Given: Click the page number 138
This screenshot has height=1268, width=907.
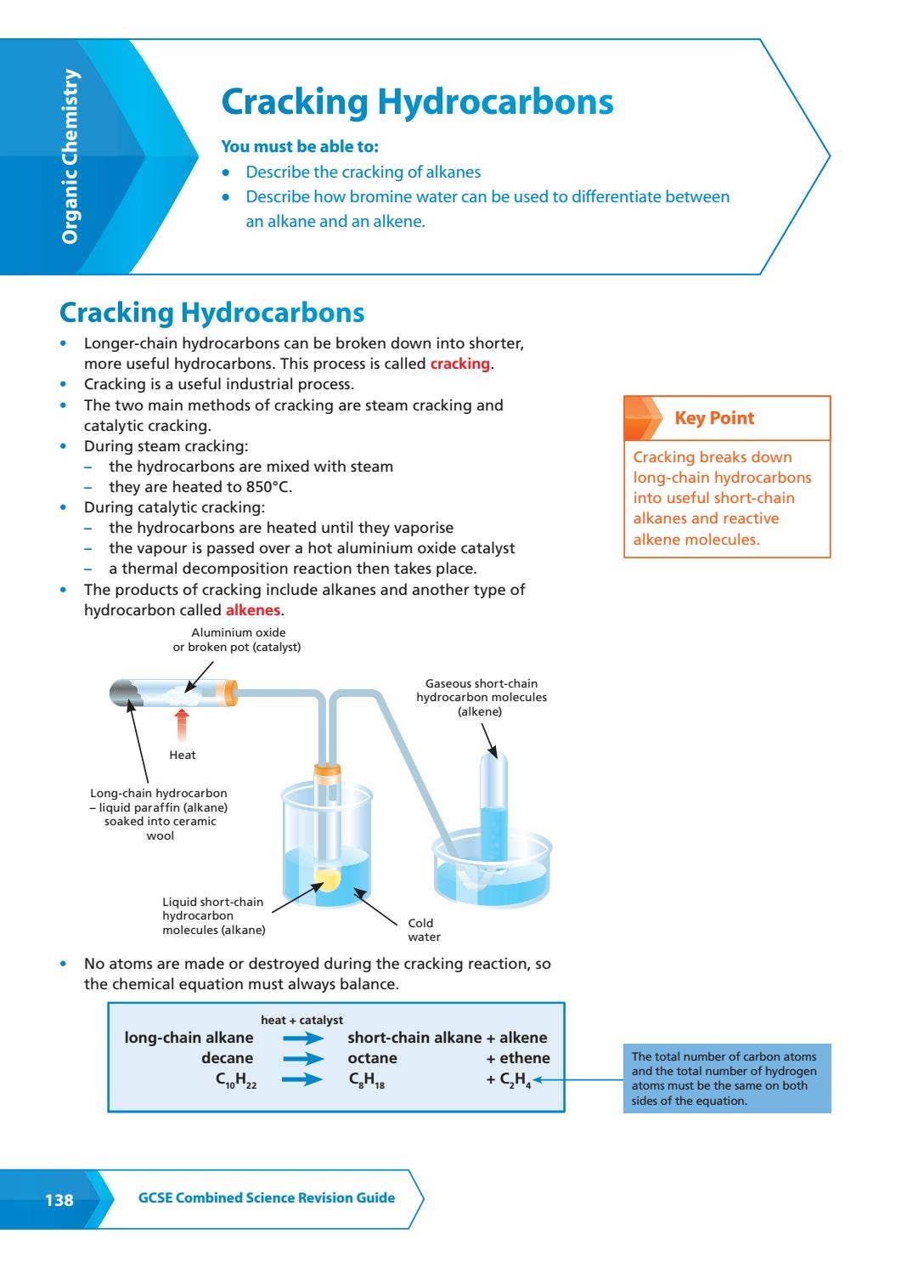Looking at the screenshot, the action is click(x=59, y=1200).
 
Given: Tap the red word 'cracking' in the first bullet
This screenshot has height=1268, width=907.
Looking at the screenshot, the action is click(x=459, y=364).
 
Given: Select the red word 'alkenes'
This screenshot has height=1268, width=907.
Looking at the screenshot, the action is click(x=253, y=610).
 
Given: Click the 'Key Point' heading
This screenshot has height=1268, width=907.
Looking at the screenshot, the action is click(x=714, y=418).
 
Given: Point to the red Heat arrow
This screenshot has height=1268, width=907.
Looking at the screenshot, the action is click(x=181, y=725).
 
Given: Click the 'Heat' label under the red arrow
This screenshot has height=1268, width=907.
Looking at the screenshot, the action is click(x=183, y=755).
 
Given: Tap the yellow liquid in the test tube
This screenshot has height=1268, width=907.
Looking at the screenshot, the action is click(x=327, y=879).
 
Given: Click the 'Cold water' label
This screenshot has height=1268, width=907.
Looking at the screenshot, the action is click(x=424, y=930).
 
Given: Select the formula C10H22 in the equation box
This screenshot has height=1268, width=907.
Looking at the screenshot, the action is click(x=236, y=1080).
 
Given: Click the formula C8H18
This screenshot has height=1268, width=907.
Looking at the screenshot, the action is click(x=367, y=1080).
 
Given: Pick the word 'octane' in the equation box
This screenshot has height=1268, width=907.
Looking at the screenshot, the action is click(x=372, y=1058).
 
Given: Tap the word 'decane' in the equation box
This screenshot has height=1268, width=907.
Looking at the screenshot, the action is click(x=227, y=1058).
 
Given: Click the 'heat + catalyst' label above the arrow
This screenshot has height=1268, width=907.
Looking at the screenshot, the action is click(x=301, y=1020).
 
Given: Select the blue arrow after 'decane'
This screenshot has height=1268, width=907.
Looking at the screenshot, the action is click(x=303, y=1059).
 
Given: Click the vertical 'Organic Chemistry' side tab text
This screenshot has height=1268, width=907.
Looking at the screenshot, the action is click(x=70, y=156).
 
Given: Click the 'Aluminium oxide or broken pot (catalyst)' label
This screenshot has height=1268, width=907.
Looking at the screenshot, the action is click(x=237, y=640).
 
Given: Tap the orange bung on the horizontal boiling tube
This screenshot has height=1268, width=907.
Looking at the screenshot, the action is click(x=228, y=693).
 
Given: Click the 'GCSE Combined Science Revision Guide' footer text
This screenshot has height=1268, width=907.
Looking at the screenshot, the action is click(x=267, y=1197).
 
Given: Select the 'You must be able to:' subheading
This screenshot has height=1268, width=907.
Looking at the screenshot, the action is click(x=300, y=147).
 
